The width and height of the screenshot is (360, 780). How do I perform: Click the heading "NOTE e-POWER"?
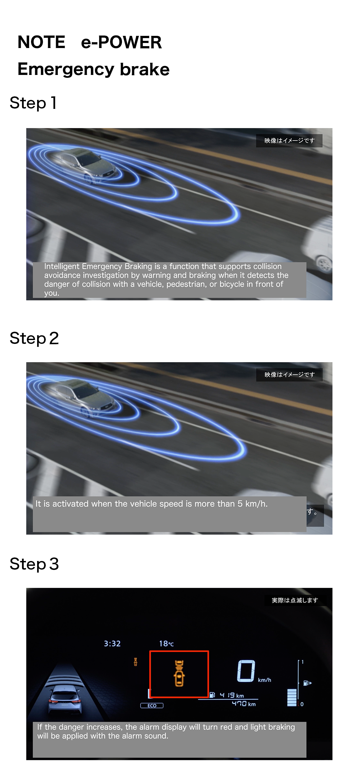coord(90,42)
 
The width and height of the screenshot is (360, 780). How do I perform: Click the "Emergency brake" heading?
coord(93,69)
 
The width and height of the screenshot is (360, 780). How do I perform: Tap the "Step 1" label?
coord(33,103)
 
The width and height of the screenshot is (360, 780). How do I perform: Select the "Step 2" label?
coord(34,338)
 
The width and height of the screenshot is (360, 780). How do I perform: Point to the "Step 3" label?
coord(34,564)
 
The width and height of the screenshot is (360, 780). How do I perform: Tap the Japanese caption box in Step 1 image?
coord(289,141)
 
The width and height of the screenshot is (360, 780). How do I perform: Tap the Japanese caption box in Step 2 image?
coord(289,375)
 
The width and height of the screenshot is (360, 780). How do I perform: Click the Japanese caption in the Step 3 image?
coord(295,600)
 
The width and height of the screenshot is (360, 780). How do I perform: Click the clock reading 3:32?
coord(112,644)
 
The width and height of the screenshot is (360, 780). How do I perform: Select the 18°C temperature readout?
coord(166,644)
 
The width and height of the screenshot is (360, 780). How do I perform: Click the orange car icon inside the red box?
coord(179,673)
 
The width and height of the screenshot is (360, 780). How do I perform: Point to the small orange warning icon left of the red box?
coord(135,662)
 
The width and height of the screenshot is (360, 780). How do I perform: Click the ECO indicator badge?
coord(152,705)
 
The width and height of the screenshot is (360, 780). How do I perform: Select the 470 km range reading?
coord(244,703)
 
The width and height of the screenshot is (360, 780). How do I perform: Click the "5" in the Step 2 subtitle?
coord(240,504)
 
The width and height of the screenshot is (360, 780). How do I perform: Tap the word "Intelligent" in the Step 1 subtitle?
coord(62,266)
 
